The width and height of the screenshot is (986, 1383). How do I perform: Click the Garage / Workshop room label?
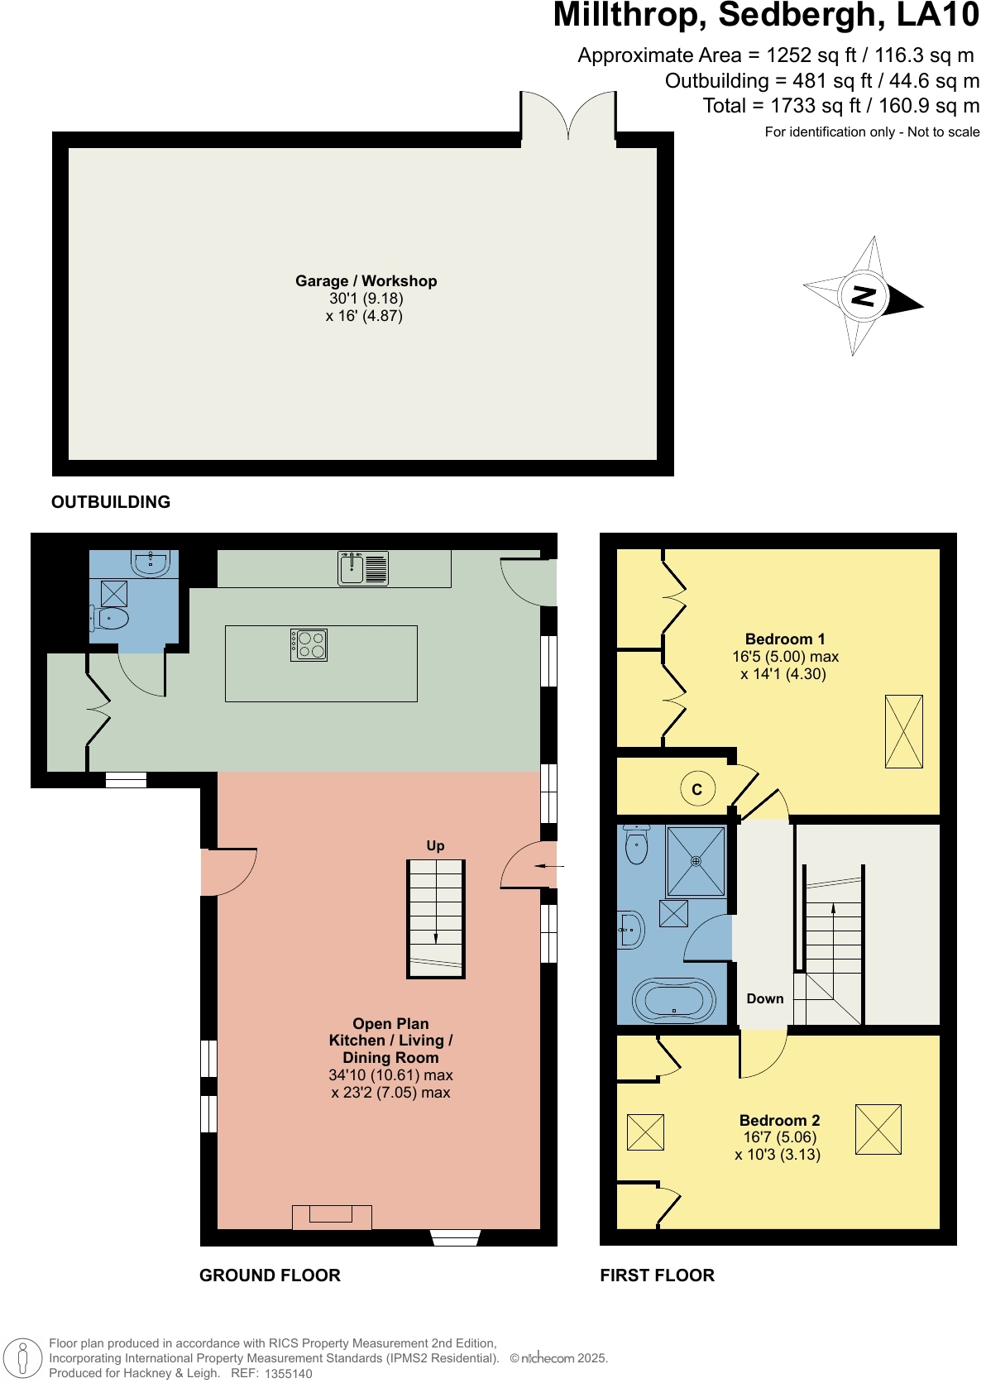366,281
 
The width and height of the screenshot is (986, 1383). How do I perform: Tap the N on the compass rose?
863,295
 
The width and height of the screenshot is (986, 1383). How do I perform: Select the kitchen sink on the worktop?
363,568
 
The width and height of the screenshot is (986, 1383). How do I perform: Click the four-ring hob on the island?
309,644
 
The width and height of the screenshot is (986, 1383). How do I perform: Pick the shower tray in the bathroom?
696,861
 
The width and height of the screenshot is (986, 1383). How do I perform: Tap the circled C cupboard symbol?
696,789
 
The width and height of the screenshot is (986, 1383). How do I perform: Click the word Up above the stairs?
435,845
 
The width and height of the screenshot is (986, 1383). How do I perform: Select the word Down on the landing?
764,998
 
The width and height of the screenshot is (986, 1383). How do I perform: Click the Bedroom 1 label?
785,639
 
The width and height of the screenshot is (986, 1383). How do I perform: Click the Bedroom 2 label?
779,1120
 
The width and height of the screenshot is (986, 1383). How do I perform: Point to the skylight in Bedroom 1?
903,731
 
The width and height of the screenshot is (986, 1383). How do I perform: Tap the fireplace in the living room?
332,1216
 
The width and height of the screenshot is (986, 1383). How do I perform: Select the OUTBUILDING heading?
111,502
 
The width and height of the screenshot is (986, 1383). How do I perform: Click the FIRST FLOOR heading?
657,1275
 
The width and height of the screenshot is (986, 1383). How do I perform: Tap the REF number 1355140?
288,1373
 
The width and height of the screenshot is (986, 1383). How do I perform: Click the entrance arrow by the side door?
548,866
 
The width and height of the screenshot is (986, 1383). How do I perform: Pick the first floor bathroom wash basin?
630,930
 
